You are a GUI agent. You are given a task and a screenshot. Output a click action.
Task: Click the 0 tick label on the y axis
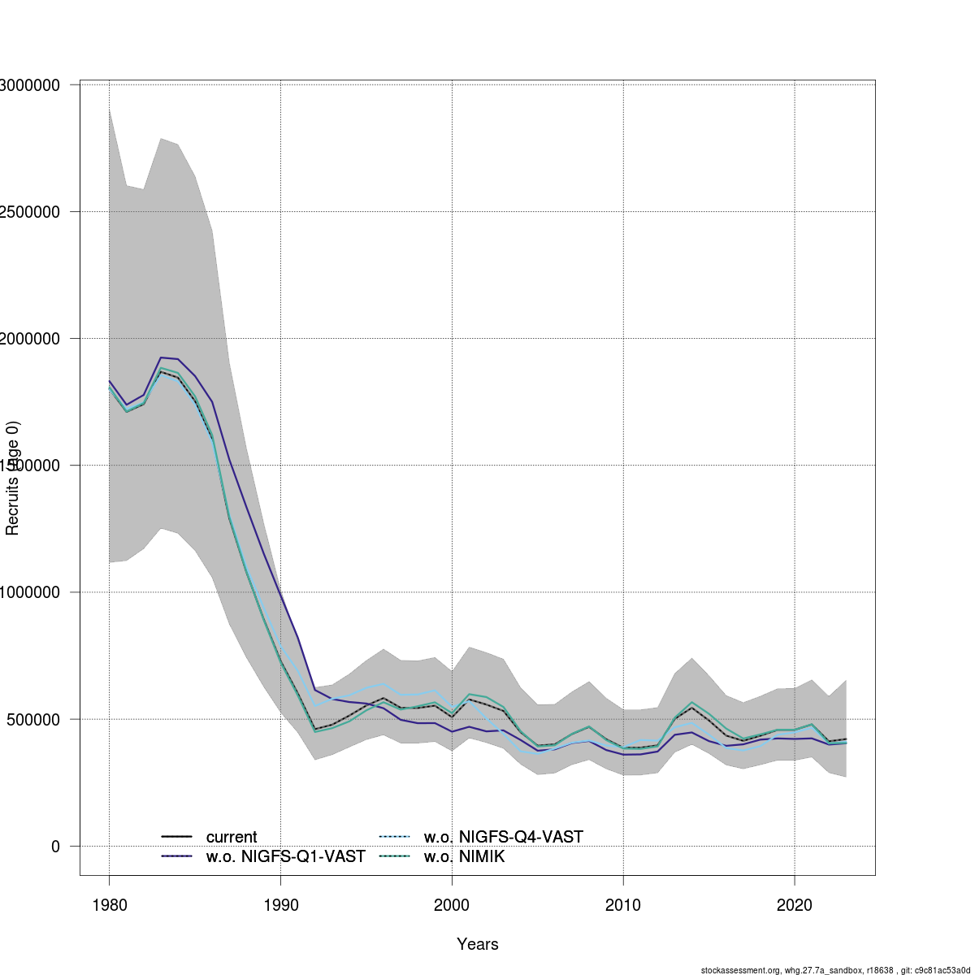pos(55,847)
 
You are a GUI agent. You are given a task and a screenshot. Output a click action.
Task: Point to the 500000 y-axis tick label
pos(32,720)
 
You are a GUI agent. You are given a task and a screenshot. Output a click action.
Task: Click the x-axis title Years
pos(478,944)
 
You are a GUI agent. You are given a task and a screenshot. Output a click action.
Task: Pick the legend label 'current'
pos(232,837)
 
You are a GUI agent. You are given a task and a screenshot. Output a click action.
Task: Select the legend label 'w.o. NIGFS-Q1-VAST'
pos(285,856)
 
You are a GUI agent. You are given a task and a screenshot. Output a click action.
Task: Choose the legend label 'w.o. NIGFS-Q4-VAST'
pos(504,837)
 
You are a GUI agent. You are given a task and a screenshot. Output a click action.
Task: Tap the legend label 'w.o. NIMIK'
pos(464,856)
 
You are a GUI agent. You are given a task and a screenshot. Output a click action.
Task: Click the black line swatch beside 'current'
pos(176,837)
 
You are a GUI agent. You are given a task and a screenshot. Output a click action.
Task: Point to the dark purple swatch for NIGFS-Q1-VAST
pos(176,856)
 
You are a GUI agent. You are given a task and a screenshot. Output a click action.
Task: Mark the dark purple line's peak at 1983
pos(161,357)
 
